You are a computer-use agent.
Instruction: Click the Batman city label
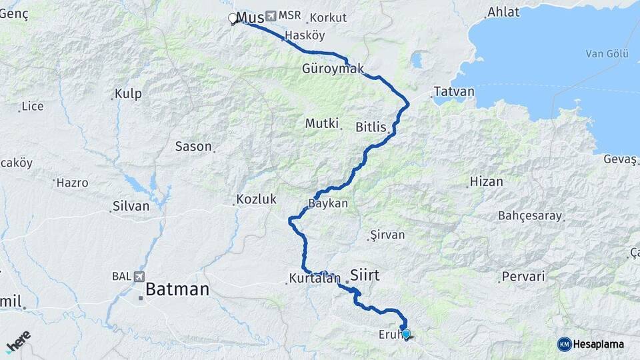tap(177, 289)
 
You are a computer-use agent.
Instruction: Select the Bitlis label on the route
tap(371, 126)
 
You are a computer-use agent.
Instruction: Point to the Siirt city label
tap(365, 273)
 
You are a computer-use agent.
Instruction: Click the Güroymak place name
tap(333, 69)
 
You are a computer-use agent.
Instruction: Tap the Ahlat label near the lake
tap(503, 12)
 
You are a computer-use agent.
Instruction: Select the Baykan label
tap(328, 203)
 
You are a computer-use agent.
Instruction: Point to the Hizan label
tap(486, 181)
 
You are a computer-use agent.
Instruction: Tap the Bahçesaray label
tap(530, 216)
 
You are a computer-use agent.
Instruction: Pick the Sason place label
tap(193, 146)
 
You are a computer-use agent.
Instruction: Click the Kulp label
tap(128, 94)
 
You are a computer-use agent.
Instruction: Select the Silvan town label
tap(131, 206)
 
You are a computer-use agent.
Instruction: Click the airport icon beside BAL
tap(138, 276)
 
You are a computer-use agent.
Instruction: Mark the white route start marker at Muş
tap(233, 19)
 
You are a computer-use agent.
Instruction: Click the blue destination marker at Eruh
tap(405, 333)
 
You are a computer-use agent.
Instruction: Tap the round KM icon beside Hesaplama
tap(564, 344)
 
